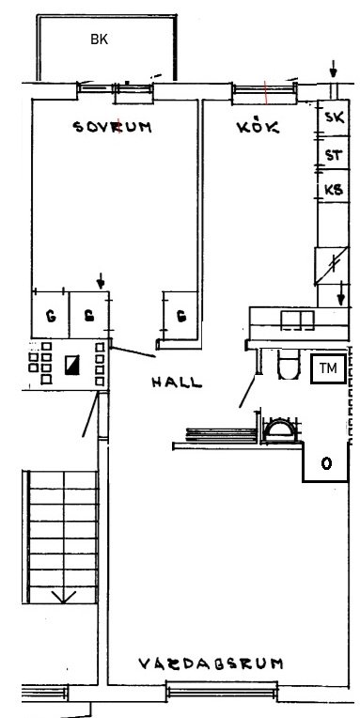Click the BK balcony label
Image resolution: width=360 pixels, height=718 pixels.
(99, 39)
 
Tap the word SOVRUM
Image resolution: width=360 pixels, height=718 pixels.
(113, 127)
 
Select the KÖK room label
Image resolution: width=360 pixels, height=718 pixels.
(258, 126)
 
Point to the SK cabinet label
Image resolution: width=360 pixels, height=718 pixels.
(335, 117)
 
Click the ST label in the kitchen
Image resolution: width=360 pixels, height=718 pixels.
(334, 155)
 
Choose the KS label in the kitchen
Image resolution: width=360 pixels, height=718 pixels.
(334, 189)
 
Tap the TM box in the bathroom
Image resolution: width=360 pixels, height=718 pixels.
(328, 368)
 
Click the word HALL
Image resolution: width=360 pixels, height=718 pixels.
(177, 382)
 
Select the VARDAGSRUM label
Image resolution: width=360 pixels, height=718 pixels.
(211, 663)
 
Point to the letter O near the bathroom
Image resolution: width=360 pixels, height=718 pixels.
(326, 464)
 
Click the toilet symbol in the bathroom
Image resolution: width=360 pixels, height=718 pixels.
(288, 365)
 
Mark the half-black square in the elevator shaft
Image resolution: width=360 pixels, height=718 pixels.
(72, 365)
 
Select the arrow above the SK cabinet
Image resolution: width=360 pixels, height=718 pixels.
(333, 70)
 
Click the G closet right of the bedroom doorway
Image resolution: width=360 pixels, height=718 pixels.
(181, 316)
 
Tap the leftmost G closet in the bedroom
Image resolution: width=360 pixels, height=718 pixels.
(51, 315)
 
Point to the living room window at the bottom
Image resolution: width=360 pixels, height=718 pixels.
(222, 691)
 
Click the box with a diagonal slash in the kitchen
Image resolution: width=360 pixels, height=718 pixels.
(332, 266)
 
